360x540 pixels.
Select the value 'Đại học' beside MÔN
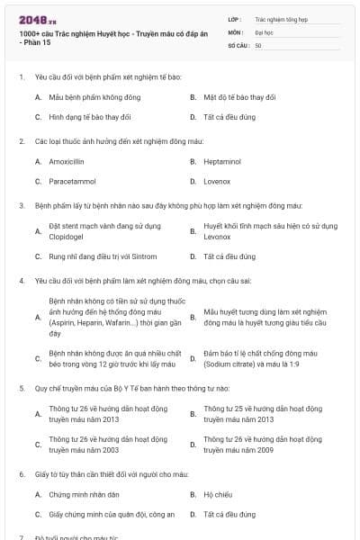tap(264, 31)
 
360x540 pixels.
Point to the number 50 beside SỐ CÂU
tap(258, 44)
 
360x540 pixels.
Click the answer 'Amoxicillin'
tap(67, 161)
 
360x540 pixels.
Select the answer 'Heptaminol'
tap(220, 161)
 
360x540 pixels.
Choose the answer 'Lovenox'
tap(216, 181)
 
